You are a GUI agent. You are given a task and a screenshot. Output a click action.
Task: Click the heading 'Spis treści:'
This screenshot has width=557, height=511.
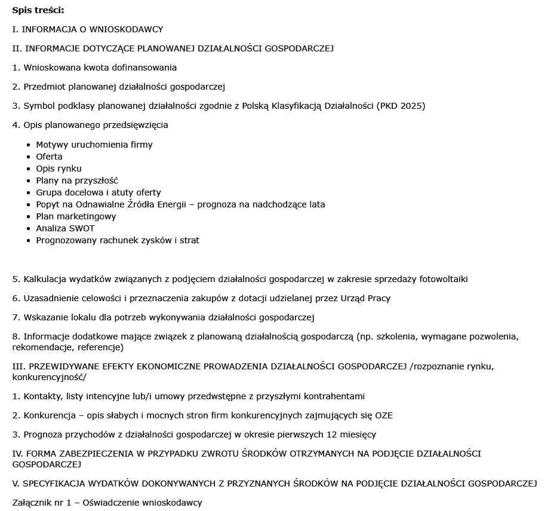point(38,10)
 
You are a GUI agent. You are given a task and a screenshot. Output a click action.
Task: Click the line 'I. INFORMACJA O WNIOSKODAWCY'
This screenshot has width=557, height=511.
point(87,29)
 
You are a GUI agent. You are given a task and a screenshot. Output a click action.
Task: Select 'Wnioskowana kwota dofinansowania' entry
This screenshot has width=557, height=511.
point(94,68)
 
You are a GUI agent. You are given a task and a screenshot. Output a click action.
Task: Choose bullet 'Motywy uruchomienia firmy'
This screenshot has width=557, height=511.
point(94,145)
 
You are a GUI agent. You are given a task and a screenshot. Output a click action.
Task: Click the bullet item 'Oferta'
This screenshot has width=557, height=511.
point(49,157)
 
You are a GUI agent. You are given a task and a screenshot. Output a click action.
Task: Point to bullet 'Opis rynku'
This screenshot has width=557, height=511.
point(59,169)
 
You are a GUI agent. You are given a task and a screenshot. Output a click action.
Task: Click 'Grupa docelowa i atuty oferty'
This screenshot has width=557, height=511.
point(98,192)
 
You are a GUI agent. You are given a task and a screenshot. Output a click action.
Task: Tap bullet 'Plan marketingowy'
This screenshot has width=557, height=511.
point(76,216)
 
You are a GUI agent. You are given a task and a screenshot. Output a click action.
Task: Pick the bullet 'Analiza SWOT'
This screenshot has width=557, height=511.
point(65,228)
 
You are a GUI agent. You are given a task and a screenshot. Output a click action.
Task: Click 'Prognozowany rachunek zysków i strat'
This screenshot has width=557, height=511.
point(118,240)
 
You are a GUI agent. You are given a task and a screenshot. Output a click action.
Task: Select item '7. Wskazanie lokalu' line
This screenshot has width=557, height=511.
point(163,317)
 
